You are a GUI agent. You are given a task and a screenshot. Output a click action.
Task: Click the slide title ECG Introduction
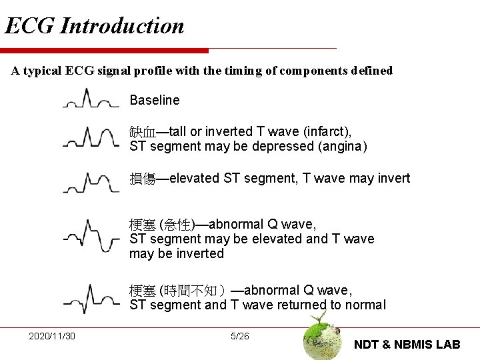tap(94, 26)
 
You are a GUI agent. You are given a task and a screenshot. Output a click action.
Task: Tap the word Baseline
tap(155, 101)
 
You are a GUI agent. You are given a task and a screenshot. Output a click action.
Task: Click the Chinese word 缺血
tap(142, 131)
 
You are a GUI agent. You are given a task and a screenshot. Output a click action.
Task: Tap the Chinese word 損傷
tap(142, 179)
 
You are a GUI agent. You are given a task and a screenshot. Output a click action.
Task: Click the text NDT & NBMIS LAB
tap(407, 344)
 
